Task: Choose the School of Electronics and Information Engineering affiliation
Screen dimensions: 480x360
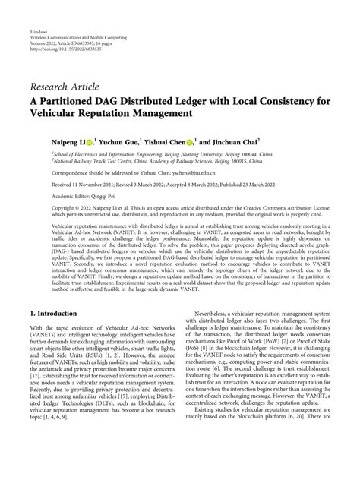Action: click(x=114, y=154)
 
